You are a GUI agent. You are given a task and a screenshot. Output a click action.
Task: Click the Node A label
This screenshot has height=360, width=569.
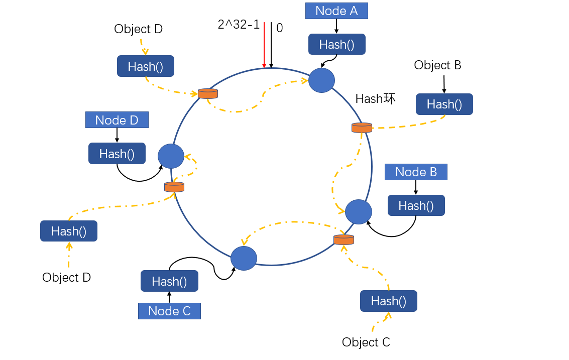[336, 11]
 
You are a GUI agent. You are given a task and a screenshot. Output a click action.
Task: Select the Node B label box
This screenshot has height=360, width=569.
[416, 172]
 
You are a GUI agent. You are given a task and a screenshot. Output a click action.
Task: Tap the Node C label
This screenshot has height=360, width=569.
[169, 311]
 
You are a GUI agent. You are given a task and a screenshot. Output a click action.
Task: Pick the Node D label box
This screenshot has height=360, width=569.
[117, 120]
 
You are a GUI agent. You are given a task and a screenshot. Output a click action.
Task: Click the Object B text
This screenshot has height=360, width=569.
[437, 65]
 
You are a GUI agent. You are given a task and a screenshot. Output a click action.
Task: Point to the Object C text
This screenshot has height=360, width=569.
[366, 342]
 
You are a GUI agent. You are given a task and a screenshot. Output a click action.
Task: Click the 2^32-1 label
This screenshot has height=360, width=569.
[239, 25]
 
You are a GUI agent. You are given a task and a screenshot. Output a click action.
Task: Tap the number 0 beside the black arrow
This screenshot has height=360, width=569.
[280, 28]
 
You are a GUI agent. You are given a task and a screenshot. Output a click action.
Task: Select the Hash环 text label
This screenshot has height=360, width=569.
[375, 99]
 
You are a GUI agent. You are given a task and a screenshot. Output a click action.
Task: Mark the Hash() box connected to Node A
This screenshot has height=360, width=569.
[336, 44]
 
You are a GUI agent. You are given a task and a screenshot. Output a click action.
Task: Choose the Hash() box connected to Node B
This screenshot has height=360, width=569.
[416, 205]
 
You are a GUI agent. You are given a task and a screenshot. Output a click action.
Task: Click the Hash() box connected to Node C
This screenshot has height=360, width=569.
[169, 281]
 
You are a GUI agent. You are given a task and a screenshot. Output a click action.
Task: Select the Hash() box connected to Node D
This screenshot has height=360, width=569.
[117, 154]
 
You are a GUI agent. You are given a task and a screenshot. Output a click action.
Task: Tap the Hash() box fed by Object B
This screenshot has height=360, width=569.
[444, 104]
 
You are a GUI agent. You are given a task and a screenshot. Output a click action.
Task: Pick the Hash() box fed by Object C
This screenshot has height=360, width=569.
[388, 301]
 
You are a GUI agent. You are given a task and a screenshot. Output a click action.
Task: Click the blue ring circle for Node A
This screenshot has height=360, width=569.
[321, 80]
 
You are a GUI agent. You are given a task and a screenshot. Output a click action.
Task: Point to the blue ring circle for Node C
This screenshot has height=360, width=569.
[244, 258]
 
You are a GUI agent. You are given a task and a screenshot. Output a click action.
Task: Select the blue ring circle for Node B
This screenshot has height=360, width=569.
[359, 212]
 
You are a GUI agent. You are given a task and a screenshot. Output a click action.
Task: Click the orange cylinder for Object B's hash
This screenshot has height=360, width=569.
[362, 128]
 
